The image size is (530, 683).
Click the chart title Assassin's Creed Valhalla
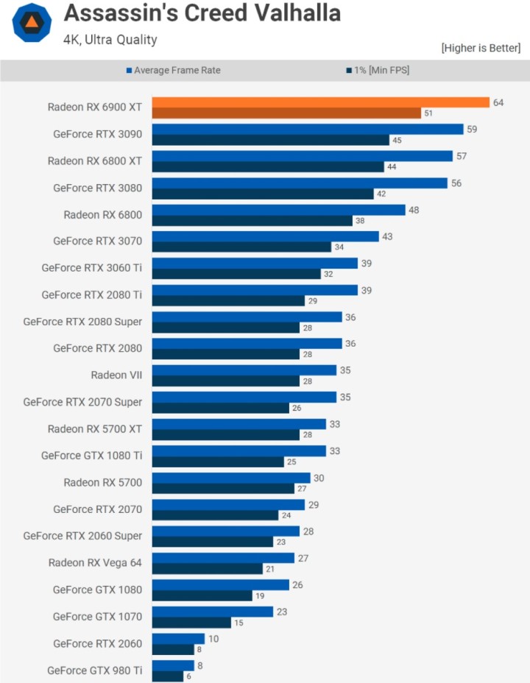(202, 13)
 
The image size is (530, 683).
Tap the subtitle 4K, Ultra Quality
(110, 40)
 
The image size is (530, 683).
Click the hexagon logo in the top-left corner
(32, 23)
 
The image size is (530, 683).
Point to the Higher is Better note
(481, 48)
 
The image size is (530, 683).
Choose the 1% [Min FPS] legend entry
(377, 71)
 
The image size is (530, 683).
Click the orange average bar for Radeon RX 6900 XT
(321, 102)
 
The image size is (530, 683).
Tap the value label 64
(498, 102)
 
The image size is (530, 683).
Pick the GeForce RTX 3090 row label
(97, 134)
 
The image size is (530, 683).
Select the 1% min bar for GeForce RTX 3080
(263, 194)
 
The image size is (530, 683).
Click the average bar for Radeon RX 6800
(278, 210)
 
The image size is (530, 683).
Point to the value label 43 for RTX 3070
(387, 236)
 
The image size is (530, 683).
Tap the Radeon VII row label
(116, 375)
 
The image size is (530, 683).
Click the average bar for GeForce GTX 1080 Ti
(239, 450)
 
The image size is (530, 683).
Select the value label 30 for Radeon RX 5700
(319, 478)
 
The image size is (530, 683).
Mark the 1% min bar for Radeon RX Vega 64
(208, 569)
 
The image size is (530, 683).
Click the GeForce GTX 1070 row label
(97, 616)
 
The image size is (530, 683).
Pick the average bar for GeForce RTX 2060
(178, 638)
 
